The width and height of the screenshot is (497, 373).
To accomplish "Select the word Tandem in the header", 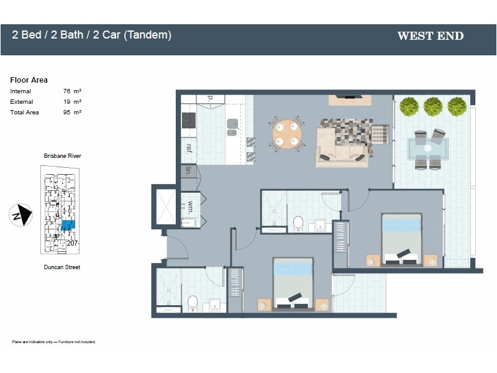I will pos(148,35).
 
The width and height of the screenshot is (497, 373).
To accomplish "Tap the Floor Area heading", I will pos(29,80).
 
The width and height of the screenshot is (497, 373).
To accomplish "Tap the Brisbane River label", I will pos(62,156).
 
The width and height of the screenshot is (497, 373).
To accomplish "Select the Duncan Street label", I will pos(62,267).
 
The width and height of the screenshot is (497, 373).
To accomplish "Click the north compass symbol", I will pos(21,215).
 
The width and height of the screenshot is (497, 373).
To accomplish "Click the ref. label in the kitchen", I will pos(188,148).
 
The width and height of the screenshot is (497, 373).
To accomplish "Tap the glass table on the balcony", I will pos(427,149).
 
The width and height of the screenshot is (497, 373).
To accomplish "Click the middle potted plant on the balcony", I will pos(433,106).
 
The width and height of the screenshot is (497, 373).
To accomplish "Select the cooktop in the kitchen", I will pos(189,120).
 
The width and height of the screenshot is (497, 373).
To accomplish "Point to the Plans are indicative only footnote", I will pos(54,342).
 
